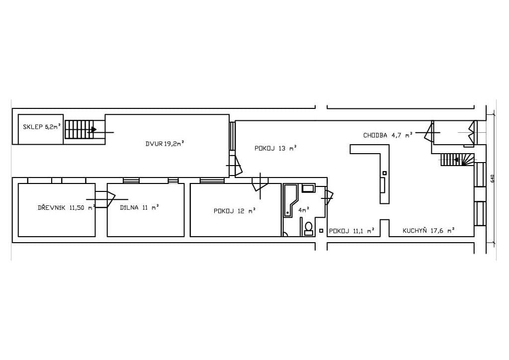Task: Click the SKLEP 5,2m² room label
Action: (42, 127)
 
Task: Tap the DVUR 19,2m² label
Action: (165, 143)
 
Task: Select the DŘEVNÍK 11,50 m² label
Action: (66, 208)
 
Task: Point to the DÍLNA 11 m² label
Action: (139, 208)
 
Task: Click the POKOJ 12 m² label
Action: (235, 211)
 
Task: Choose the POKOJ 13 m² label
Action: (275, 148)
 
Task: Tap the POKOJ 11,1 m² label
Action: (351, 231)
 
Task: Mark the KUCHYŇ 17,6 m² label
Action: (428, 231)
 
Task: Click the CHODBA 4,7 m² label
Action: (388, 135)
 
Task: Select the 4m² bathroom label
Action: (304, 209)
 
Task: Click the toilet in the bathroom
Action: (309, 228)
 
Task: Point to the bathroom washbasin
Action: (308, 188)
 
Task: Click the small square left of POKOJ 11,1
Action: (321, 231)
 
